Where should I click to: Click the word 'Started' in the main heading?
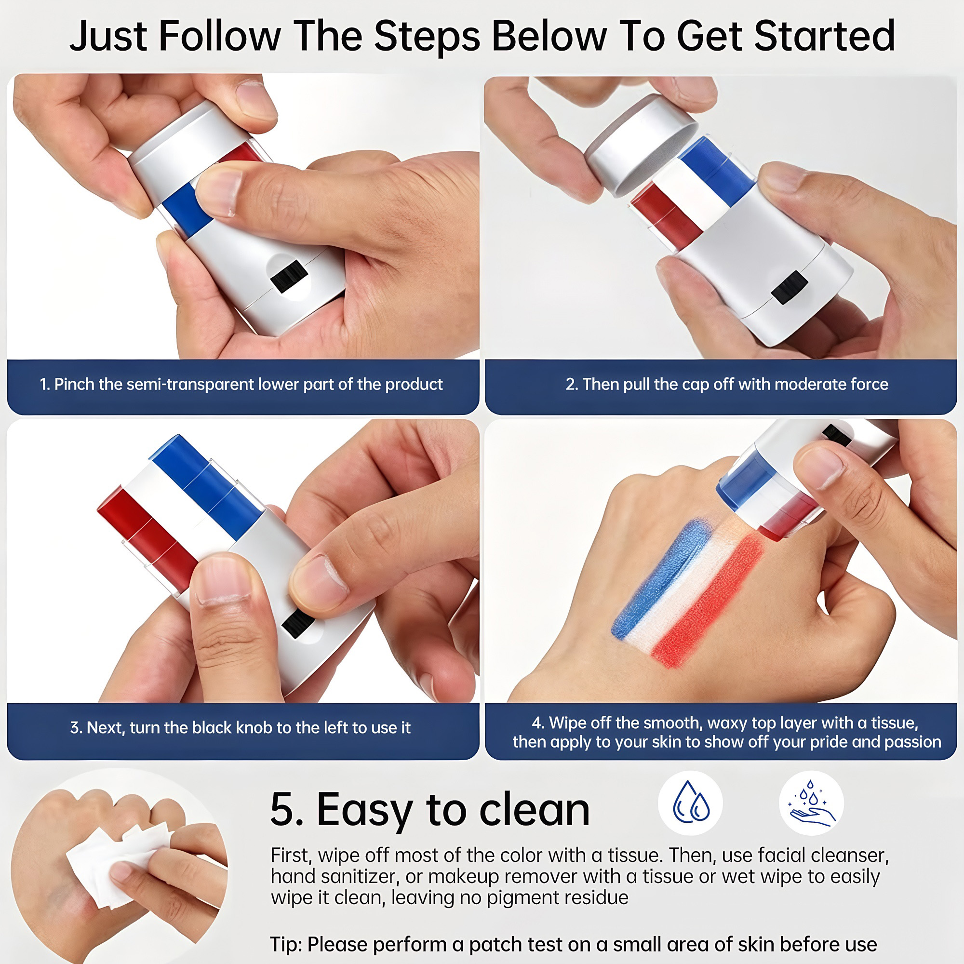point(824,36)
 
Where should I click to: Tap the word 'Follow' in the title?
point(219,36)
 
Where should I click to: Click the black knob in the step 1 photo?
point(290,275)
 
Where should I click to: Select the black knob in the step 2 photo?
point(790,287)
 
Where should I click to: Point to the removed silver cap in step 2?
point(641,144)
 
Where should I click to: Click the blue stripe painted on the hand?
point(661,579)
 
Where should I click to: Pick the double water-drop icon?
point(691,804)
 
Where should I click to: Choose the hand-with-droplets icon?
point(811,804)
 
